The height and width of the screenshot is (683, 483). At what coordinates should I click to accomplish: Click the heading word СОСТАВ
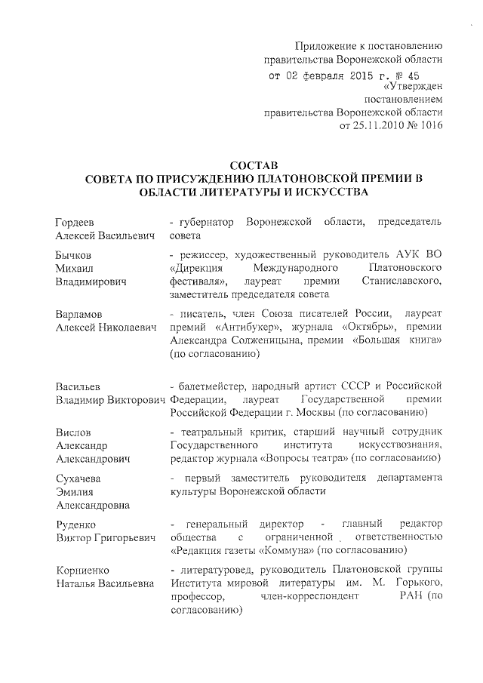coord(254,165)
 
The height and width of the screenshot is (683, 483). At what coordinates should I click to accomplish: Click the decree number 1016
coord(428,125)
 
